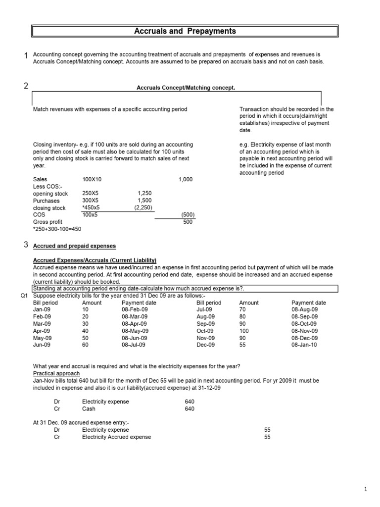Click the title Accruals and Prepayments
186,32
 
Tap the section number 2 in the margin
26,86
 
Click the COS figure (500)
188,215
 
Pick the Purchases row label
46,201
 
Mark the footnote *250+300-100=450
57,229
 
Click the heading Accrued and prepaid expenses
74,246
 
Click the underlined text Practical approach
56,373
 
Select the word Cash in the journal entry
89,409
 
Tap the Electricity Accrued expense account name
117,437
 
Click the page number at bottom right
366,490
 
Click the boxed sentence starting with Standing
139,289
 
